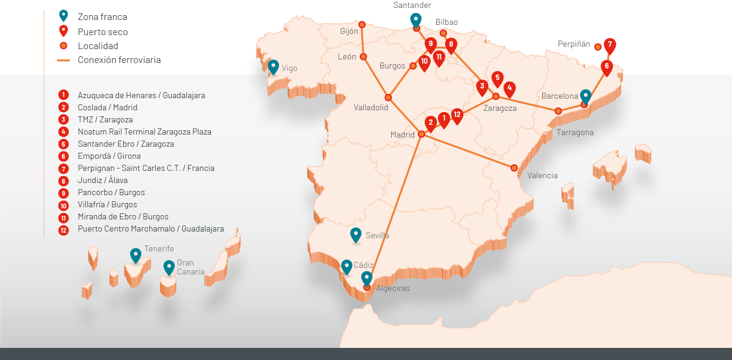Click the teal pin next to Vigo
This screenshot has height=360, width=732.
[x=274, y=66]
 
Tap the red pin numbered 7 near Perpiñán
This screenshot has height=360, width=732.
[x=609, y=45]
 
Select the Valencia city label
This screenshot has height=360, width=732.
[x=542, y=176]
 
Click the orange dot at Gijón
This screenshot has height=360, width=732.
[x=362, y=25]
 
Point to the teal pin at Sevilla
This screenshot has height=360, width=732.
[x=356, y=235]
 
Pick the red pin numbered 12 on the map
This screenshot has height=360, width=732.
[x=457, y=115]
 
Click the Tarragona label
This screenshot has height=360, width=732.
[x=575, y=132]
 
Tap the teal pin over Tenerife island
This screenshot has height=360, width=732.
[x=136, y=255]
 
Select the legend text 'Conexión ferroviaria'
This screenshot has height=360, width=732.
[x=119, y=60]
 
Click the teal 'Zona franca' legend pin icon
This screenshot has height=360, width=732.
[x=63, y=16]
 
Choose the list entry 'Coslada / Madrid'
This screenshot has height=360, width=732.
[x=107, y=107]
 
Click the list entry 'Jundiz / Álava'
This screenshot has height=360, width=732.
[x=102, y=180]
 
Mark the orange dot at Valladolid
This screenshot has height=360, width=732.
[x=388, y=97]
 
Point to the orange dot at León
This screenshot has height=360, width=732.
[x=363, y=57]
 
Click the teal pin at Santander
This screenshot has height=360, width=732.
[x=415, y=20]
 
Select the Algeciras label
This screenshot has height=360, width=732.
[x=392, y=288]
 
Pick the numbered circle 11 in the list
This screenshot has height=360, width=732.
[x=63, y=217]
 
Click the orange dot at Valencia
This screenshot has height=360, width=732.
[x=514, y=168]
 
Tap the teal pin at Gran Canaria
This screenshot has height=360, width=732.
[x=169, y=267]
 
